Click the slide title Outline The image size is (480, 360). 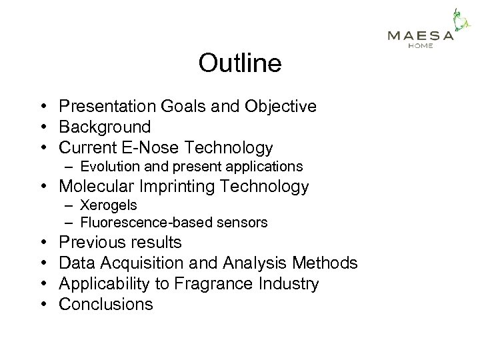tap(239, 63)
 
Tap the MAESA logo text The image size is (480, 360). tap(421, 36)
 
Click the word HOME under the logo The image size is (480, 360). tap(421, 46)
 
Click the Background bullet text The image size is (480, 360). tap(105, 127)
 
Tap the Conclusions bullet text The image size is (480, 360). tap(106, 305)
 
